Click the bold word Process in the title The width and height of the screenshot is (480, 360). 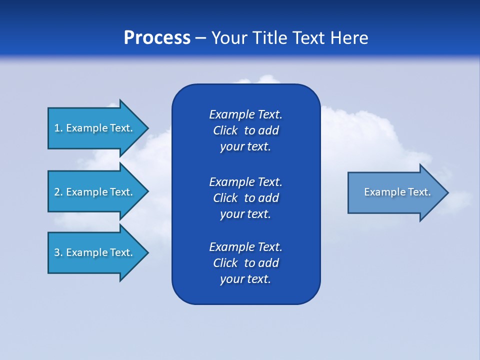pos(157,38)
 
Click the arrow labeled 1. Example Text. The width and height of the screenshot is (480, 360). pos(95,128)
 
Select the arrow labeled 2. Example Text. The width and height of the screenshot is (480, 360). pos(95,192)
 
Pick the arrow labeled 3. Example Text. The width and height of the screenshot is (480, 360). pos(95,252)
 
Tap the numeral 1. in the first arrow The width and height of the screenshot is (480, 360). pos(58,128)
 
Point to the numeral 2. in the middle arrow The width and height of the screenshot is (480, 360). pos(58,192)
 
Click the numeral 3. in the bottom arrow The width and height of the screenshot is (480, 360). pos(58,252)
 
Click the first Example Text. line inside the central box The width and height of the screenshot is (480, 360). pos(245,114)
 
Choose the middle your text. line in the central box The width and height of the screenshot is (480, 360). pos(245,214)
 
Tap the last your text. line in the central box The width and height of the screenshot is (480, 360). pos(245,279)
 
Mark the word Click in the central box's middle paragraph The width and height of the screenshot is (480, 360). pos(225,198)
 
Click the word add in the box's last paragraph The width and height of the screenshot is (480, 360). pos(268,263)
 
